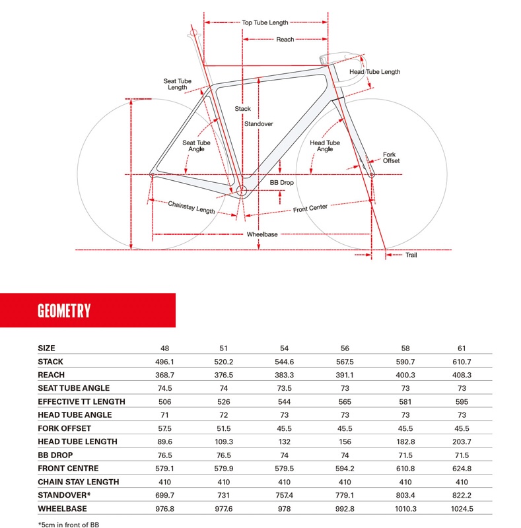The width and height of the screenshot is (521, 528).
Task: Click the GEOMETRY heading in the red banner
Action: click(64, 311)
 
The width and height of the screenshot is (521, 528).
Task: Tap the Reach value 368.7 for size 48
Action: click(164, 375)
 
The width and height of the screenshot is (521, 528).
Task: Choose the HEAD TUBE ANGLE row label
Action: click(75, 415)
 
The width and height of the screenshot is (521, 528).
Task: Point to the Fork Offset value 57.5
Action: click(164, 428)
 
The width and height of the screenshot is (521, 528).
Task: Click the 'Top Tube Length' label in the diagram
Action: click(265, 22)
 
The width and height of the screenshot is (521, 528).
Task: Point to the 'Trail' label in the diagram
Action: click(411, 255)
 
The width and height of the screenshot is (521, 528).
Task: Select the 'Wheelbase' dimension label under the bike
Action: click(262, 234)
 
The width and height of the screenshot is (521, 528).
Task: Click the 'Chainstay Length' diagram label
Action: click(191, 207)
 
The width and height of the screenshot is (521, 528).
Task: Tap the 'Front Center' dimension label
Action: click(310, 208)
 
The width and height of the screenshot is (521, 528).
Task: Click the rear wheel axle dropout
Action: click(153, 175)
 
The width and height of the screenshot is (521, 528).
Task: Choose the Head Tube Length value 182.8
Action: click(405, 442)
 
